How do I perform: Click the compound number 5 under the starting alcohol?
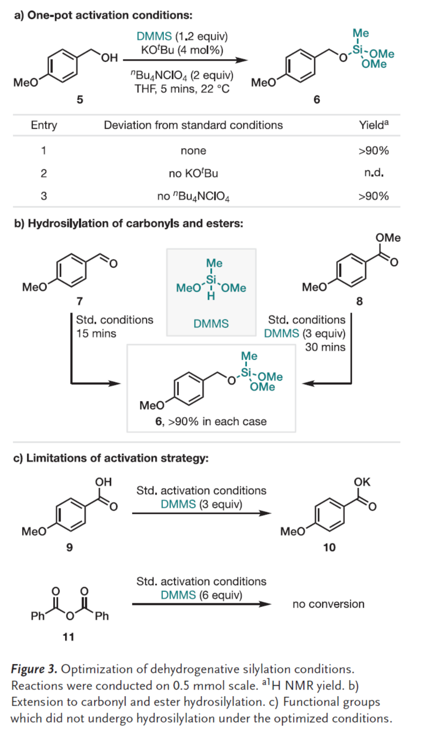(80, 100)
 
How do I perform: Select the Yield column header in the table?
(373, 125)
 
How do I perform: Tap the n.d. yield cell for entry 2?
(374, 173)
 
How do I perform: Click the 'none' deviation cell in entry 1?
(193, 151)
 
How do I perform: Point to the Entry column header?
(44, 125)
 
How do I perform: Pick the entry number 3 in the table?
(44, 196)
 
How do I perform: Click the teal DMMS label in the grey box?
(211, 324)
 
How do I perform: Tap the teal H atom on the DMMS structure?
(211, 296)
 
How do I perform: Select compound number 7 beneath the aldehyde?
(80, 302)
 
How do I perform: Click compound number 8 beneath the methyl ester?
(359, 302)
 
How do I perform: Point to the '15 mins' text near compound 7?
(96, 334)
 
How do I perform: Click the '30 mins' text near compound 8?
(325, 347)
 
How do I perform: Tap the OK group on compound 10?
(362, 482)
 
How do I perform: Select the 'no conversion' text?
(328, 604)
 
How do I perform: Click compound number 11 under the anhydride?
(68, 637)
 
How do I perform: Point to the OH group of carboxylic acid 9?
(103, 482)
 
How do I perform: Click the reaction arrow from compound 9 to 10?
(201, 513)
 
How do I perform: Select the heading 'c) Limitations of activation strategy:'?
(111, 458)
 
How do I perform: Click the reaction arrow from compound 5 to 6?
(185, 60)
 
